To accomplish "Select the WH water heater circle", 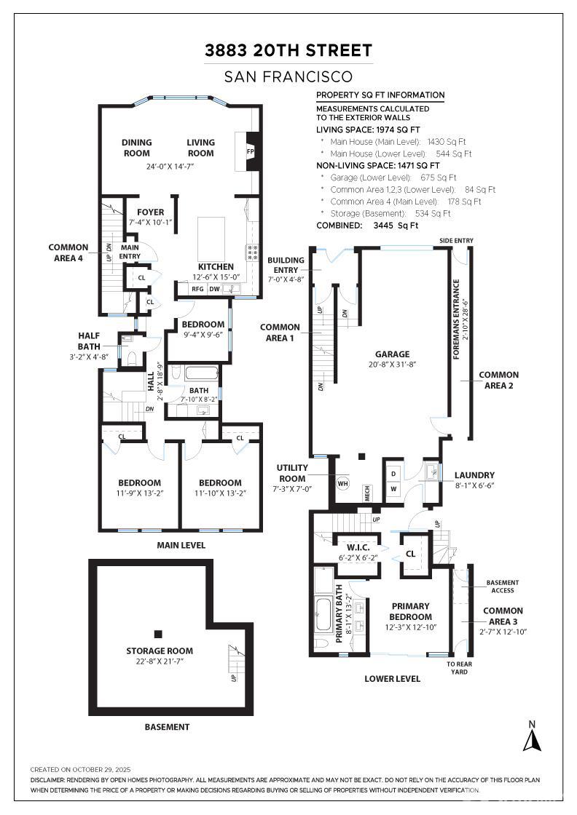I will pos(342,482).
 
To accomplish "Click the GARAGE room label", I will pos(393,354).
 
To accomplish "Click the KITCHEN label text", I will pos(216,267).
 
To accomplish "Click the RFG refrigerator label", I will pos(197,289).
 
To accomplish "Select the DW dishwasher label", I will pos(215,289).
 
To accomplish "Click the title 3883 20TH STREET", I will pos(288,50).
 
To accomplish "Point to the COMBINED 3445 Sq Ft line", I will pos(367,226).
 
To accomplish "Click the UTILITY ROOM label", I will pos(292,472).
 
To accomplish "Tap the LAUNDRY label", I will pos(474,475).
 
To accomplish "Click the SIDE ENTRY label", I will pos(456,240).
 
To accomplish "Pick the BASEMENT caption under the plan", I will pos(167,726).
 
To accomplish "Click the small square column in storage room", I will pos(158,633).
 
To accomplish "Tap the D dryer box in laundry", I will pos(393,474).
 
